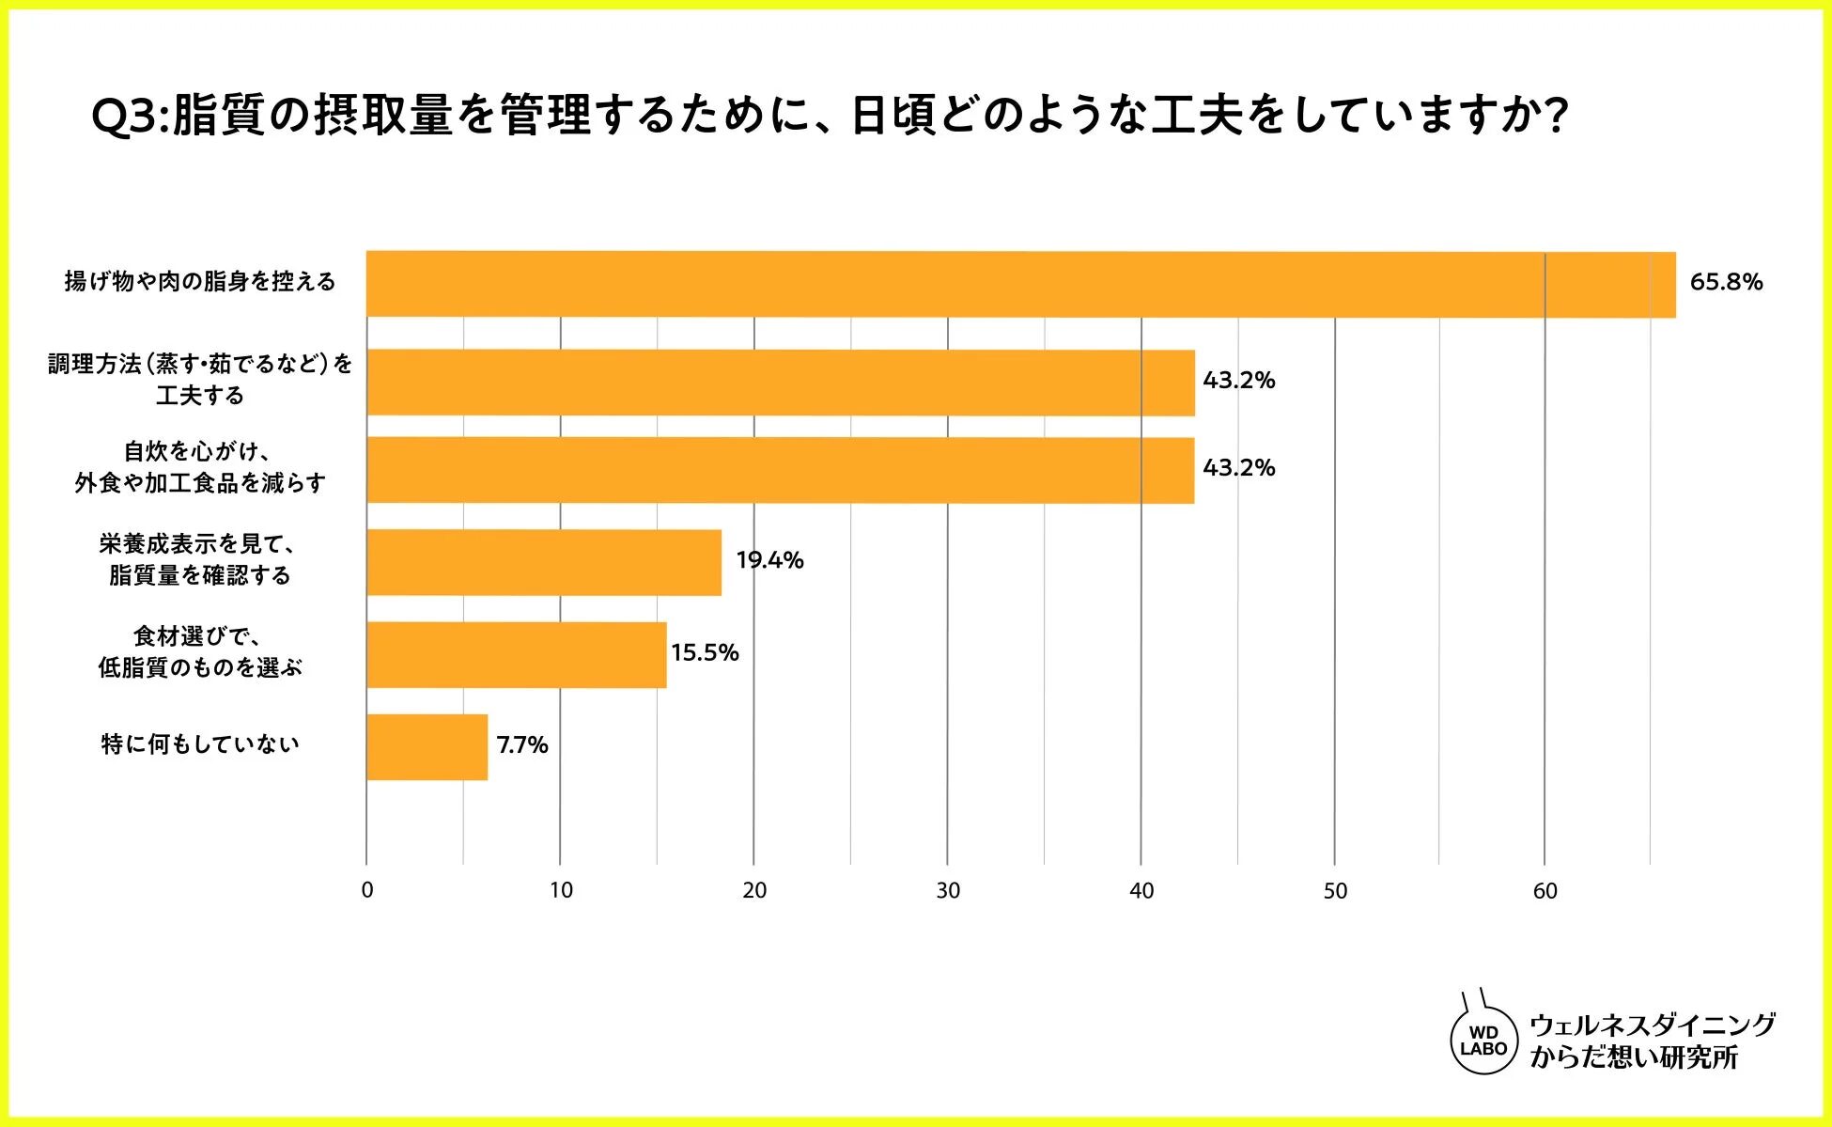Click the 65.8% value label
(1726, 282)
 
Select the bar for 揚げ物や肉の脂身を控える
(1020, 284)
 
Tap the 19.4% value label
(769, 560)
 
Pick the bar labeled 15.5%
(516, 654)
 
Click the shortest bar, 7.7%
(427, 746)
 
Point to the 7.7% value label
(522, 745)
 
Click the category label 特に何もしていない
(200, 744)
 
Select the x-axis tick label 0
(367, 891)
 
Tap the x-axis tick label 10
(561, 891)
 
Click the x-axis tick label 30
(948, 891)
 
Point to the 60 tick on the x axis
(1545, 891)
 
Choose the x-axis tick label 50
(1335, 891)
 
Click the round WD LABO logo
(1483, 1041)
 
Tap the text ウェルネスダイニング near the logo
(1653, 1025)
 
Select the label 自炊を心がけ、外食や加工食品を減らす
(200, 467)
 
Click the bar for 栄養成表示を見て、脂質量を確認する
(544, 562)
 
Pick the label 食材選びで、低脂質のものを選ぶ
(200, 652)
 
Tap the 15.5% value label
(705, 652)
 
